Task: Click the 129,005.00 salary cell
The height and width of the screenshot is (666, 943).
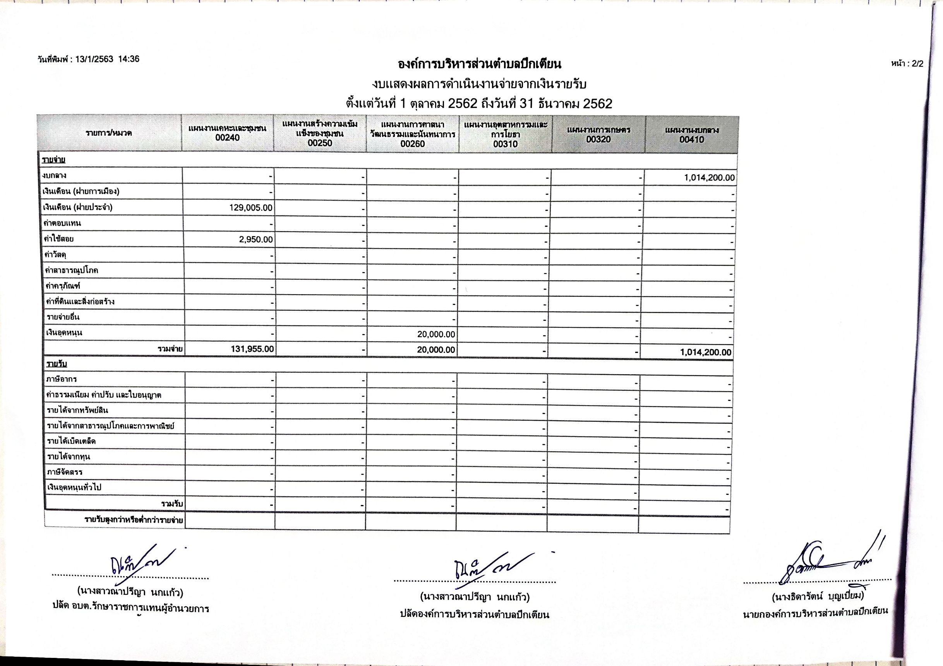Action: click(x=250, y=208)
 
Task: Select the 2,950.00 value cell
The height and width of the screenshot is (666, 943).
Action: click(x=256, y=240)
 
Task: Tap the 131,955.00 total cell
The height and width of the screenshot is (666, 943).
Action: click(x=252, y=349)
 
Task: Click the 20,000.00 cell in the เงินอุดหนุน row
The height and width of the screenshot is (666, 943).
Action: click(x=436, y=334)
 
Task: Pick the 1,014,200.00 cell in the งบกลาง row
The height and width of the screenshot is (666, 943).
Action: click(x=709, y=178)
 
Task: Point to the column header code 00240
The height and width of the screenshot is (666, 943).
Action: click(x=227, y=137)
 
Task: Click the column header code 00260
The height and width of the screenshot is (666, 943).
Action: click(x=412, y=144)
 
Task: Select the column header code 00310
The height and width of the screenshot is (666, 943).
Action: click(x=505, y=144)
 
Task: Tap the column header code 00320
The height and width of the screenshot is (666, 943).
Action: click(x=598, y=139)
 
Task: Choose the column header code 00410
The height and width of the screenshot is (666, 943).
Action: click(x=692, y=140)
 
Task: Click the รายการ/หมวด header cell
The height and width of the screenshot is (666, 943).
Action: click(x=109, y=133)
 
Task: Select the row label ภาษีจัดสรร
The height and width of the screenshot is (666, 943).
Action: click(x=65, y=472)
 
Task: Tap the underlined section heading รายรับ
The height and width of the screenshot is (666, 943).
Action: click(x=57, y=364)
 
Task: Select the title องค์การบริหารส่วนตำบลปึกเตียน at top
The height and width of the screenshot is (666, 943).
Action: click(x=479, y=64)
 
